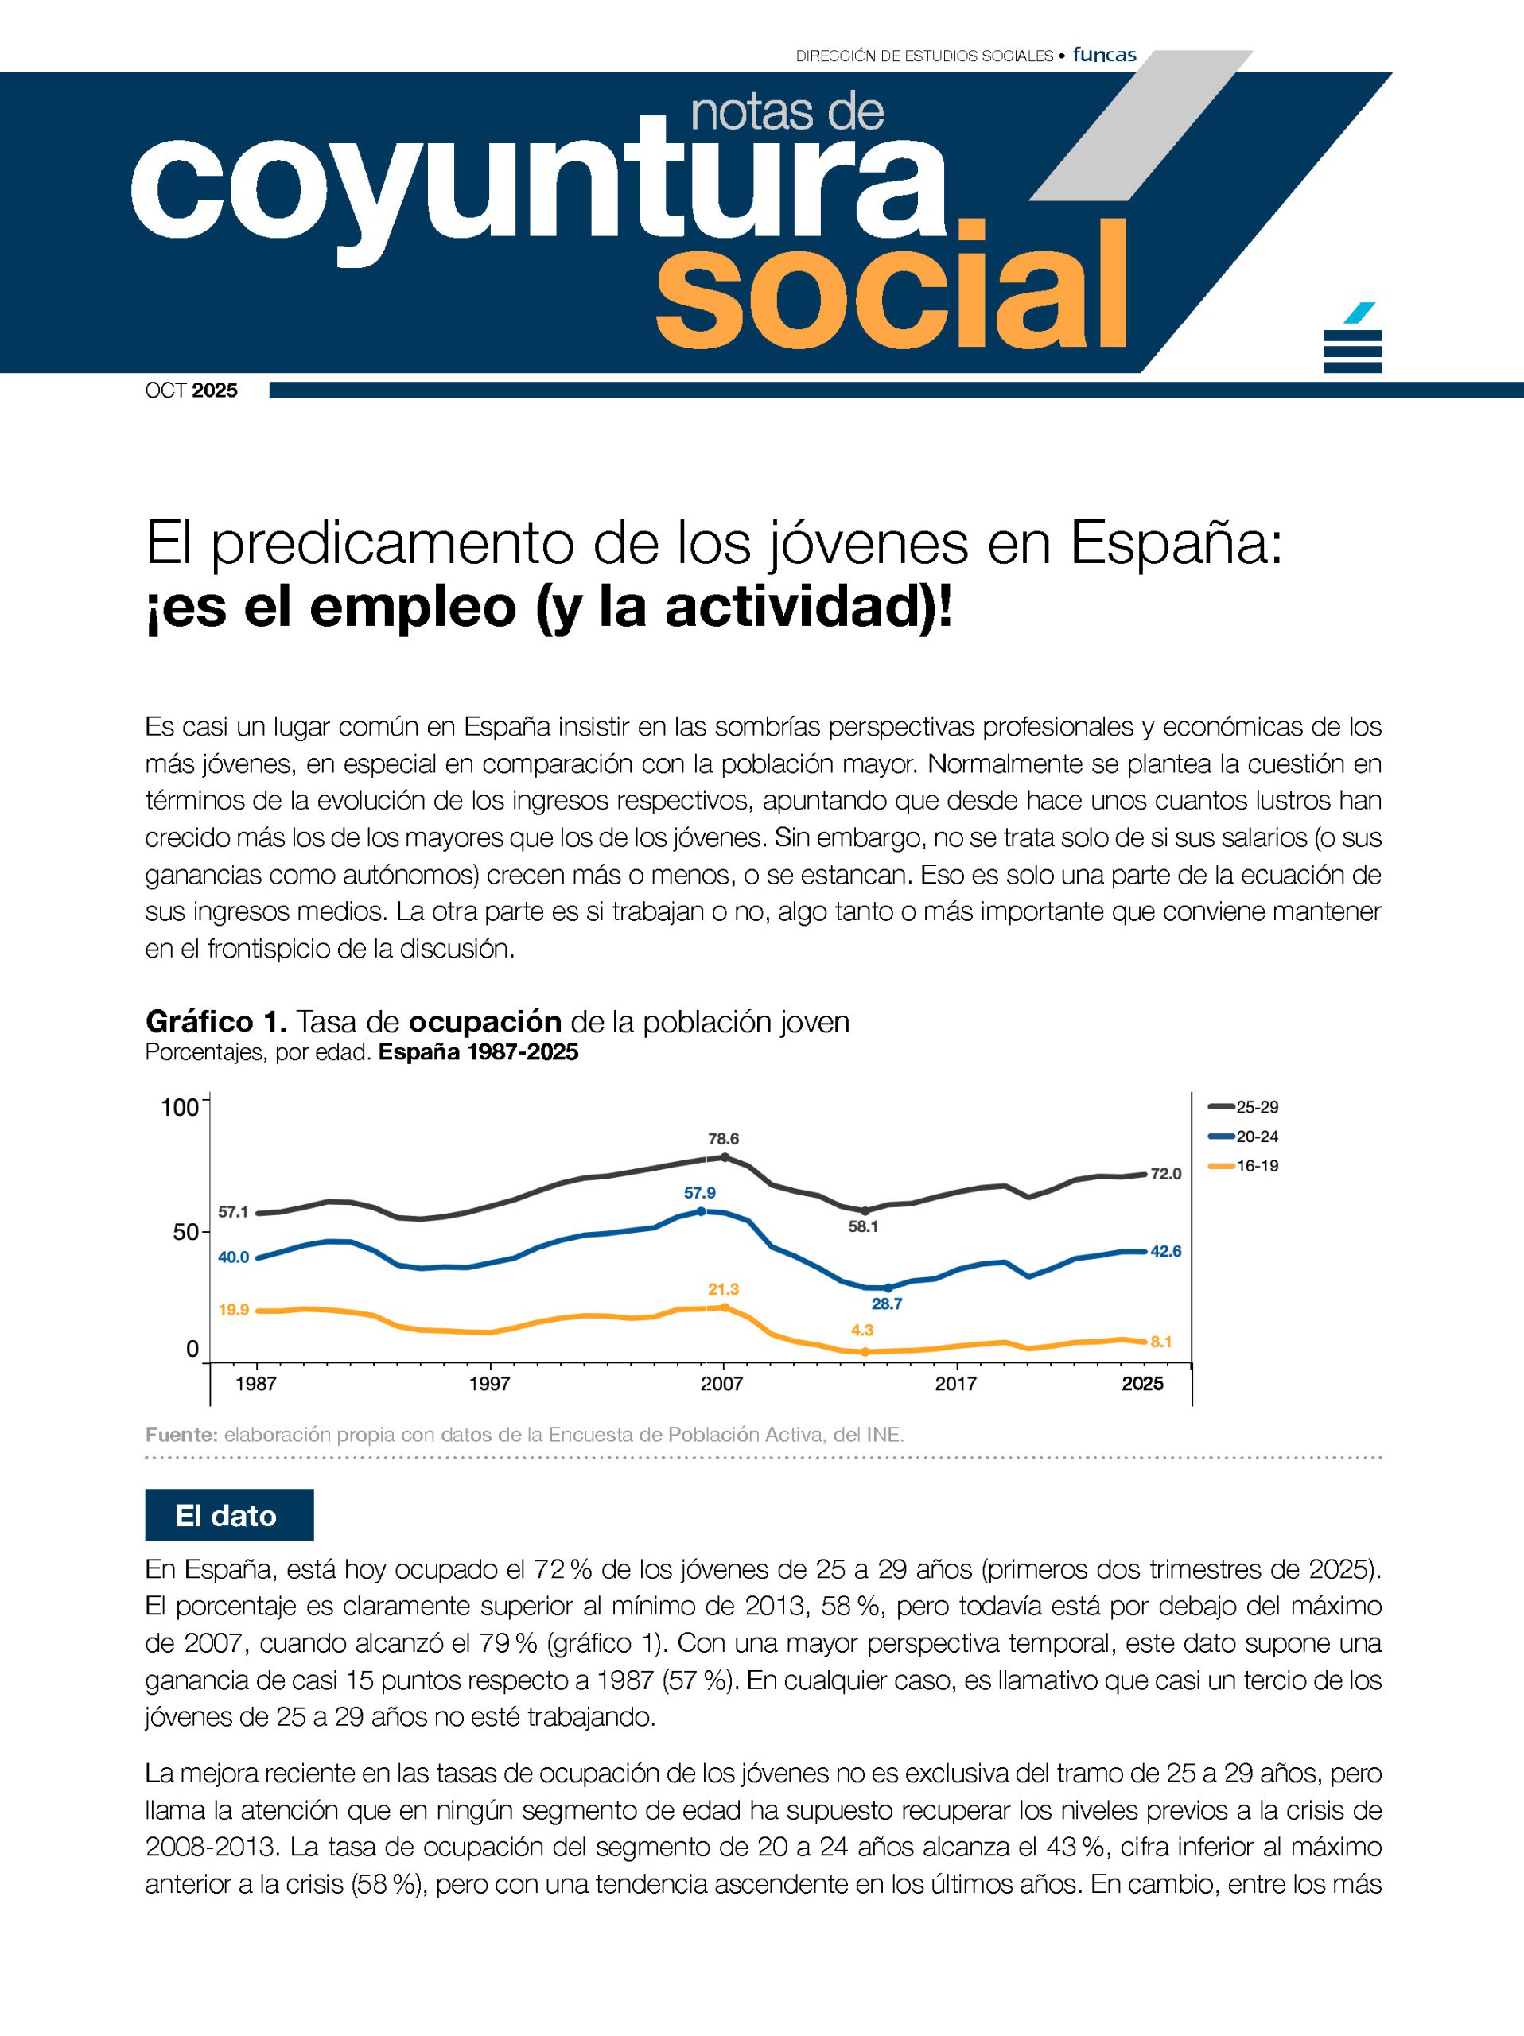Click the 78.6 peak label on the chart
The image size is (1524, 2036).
pyautogui.click(x=723, y=1139)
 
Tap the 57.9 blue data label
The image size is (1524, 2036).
pyautogui.click(x=699, y=1193)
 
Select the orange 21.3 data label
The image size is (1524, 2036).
pyautogui.click(x=723, y=1288)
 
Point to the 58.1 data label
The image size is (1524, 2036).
pyautogui.click(x=863, y=1226)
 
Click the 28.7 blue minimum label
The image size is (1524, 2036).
pyautogui.click(x=887, y=1304)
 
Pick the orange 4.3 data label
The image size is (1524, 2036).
pyautogui.click(x=862, y=1329)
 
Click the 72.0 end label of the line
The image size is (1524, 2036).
pyautogui.click(x=1165, y=1174)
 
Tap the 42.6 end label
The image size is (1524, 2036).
pyautogui.click(x=1166, y=1251)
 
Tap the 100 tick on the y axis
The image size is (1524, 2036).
pyautogui.click(x=180, y=1107)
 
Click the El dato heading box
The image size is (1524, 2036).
pyautogui.click(x=229, y=1516)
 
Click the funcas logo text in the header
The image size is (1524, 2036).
pyautogui.click(x=1104, y=55)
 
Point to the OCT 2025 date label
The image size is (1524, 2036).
pyautogui.click(x=192, y=390)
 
